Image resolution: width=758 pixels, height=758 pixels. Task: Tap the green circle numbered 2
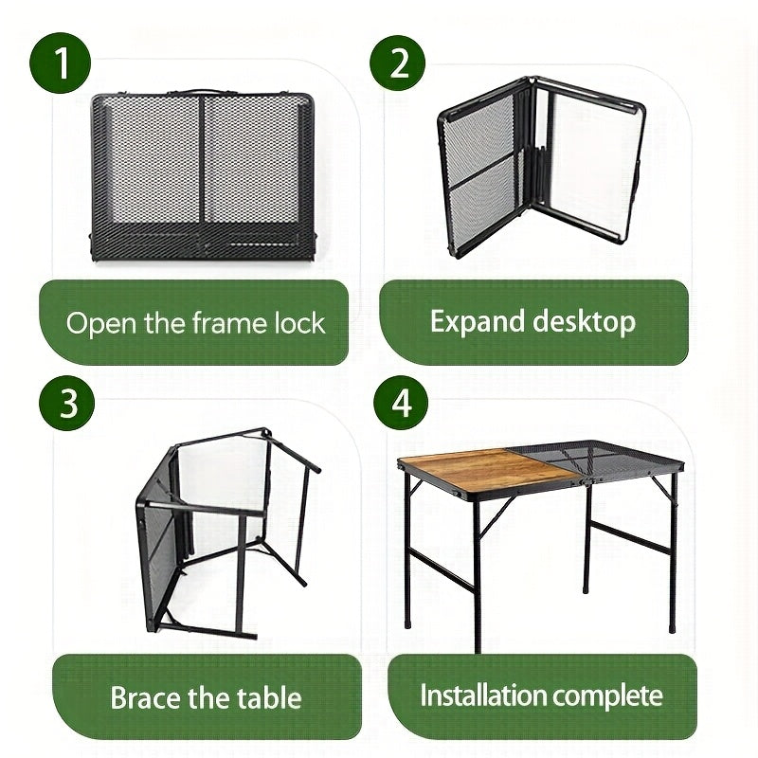click(x=399, y=63)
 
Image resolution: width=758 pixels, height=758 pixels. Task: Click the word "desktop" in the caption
click(x=583, y=321)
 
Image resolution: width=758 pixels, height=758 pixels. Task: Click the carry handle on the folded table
click(x=203, y=92)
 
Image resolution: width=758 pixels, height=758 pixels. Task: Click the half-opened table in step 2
click(x=540, y=171)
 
